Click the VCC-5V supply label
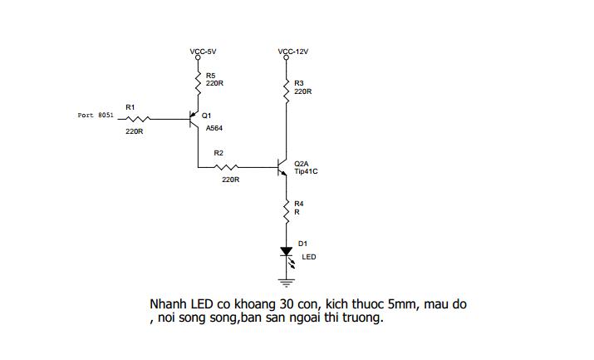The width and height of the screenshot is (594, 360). (x=203, y=52)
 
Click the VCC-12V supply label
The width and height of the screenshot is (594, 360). (x=292, y=52)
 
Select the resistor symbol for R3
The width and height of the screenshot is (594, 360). (x=286, y=91)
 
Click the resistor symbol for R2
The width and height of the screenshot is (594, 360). (x=226, y=167)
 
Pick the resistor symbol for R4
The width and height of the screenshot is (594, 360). (x=286, y=211)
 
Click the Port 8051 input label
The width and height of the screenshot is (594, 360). (x=96, y=116)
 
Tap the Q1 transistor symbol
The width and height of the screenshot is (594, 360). (x=194, y=120)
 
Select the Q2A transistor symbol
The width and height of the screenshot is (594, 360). (x=282, y=167)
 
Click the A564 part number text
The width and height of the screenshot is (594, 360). (x=214, y=129)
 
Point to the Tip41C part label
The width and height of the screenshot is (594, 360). (x=306, y=171)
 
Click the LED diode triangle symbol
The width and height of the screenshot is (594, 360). (x=287, y=251)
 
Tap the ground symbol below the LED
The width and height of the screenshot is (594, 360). (x=286, y=283)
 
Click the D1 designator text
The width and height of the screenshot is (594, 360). (x=302, y=244)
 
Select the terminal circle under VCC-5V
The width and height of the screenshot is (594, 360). (x=198, y=57)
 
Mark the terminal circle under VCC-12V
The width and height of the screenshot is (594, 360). (x=286, y=57)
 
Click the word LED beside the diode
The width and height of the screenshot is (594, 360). (x=309, y=257)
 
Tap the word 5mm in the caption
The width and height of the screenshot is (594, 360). (x=404, y=304)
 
